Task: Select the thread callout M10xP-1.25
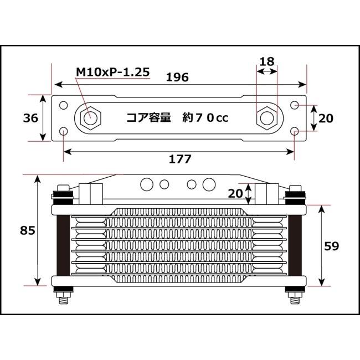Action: click(112, 71)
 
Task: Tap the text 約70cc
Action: click(205, 119)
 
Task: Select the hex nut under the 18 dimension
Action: click(266, 118)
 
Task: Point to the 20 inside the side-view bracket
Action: click(235, 193)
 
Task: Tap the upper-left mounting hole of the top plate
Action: click(64, 105)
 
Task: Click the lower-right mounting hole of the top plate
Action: click(295, 131)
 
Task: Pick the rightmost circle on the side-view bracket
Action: click(209, 183)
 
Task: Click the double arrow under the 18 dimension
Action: click(267, 71)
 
